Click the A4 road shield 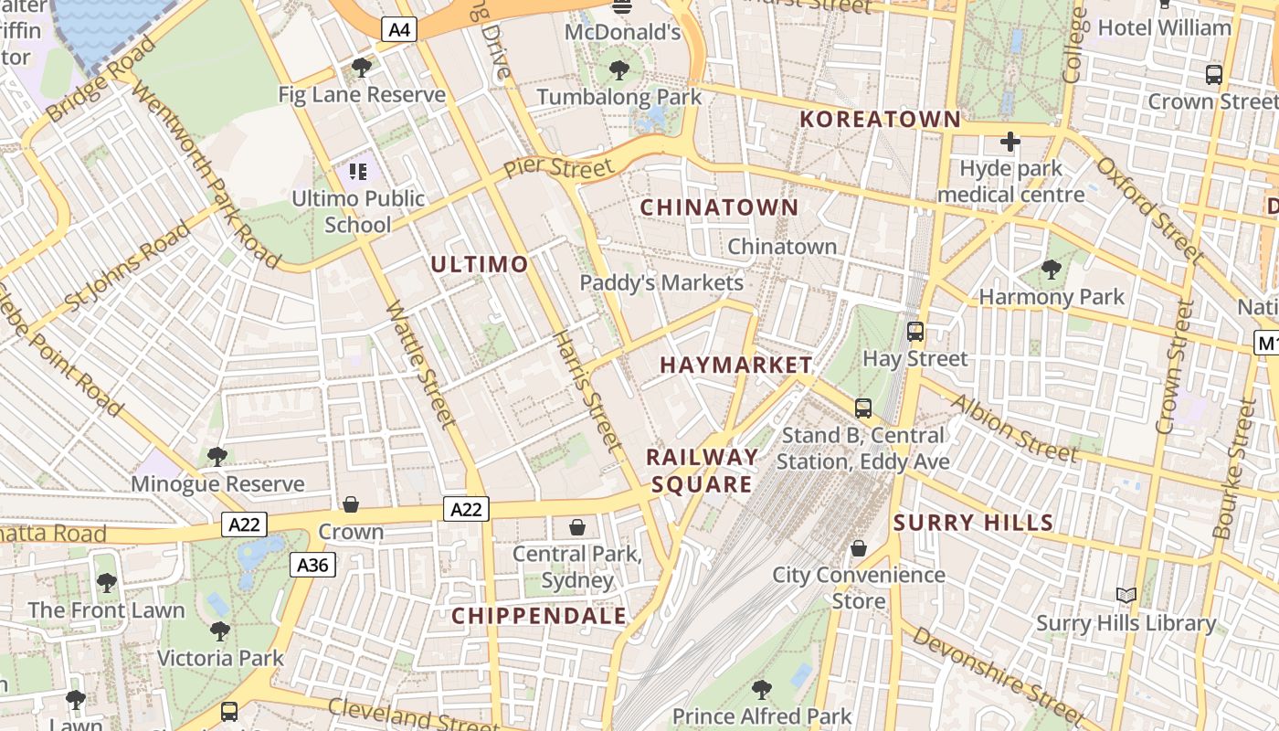[400, 30]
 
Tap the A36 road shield [312, 565]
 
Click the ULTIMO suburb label [479, 265]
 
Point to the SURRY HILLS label [973, 523]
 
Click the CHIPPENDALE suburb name [539, 616]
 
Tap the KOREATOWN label [880, 120]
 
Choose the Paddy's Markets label [661, 283]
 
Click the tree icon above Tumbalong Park [619, 69]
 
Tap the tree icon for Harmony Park [1052, 270]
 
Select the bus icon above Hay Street [914, 332]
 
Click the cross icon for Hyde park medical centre [1009, 142]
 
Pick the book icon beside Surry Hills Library [1126, 596]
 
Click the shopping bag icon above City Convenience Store [858, 548]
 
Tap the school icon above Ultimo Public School [357, 171]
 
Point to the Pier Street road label [558, 168]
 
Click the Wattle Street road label [419, 365]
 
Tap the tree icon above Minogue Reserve [217, 456]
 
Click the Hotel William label [1164, 27]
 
